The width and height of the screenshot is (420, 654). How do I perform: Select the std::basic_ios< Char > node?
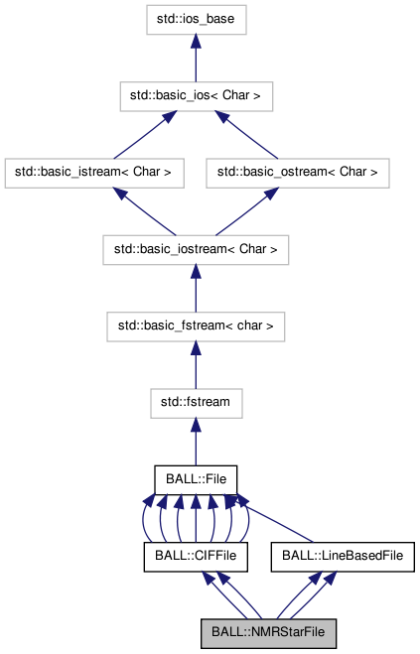tap(196, 95)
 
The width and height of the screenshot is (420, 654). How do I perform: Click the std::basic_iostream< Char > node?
tap(196, 248)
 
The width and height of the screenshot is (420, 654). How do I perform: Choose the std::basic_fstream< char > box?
tap(196, 325)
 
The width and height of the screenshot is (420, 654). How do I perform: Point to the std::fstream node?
tap(196, 401)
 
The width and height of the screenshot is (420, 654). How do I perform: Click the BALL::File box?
tap(196, 478)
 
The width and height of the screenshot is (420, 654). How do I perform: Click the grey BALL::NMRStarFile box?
tap(268, 631)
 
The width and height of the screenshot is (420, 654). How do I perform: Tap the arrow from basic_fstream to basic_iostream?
tap(196, 287)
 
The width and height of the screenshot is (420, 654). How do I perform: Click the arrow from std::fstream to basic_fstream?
tap(196, 363)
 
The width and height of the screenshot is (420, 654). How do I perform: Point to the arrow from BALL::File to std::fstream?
tap(196, 440)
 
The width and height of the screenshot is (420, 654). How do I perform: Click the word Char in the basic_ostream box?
tap(350, 172)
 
